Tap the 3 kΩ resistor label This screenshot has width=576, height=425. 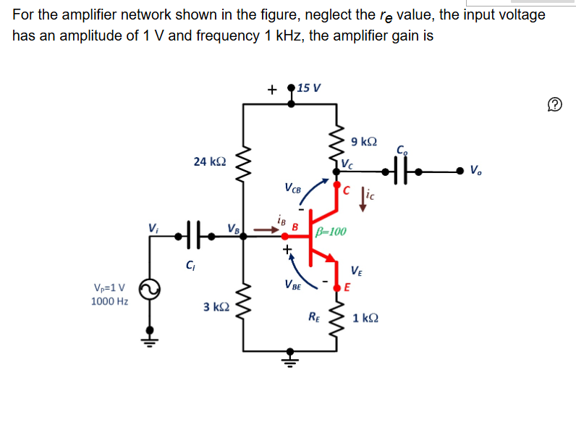[216, 307]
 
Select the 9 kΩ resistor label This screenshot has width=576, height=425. [363, 140]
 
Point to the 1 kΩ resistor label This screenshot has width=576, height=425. [366, 318]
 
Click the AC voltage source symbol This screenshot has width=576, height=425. [151, 290]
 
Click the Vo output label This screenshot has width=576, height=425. [475, 171]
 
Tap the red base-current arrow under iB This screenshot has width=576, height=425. [265, 232]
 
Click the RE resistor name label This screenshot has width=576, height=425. [314, 316]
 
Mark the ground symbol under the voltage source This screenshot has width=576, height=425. [151, 336]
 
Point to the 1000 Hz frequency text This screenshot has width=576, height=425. [110, 300]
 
